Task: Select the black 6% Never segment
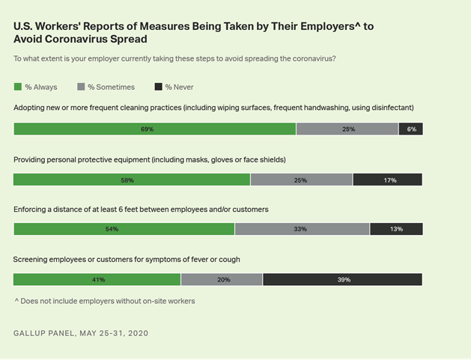pyautogui.click(x=410, y=129)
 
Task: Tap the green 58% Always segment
pyautogui.click(x=132, y=180)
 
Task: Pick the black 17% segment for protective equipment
pyautogui.click(x=387, y=180)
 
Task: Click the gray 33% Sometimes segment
pyautogui.click(x=302, y=229)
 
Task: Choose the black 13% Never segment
pyautogui.click(x=396, y=229)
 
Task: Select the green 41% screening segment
pyautogui.click(x=97, y=279)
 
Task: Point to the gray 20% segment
pyautogui.click(x=222, y=279)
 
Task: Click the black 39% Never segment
pyautogui.click(x=342, y=279)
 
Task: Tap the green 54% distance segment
pyautogui.click(x=124, y=229)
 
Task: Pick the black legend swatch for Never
pyautogui.click(x=157, y=88)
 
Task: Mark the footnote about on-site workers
pyautogui.click(x=104, y=301)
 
